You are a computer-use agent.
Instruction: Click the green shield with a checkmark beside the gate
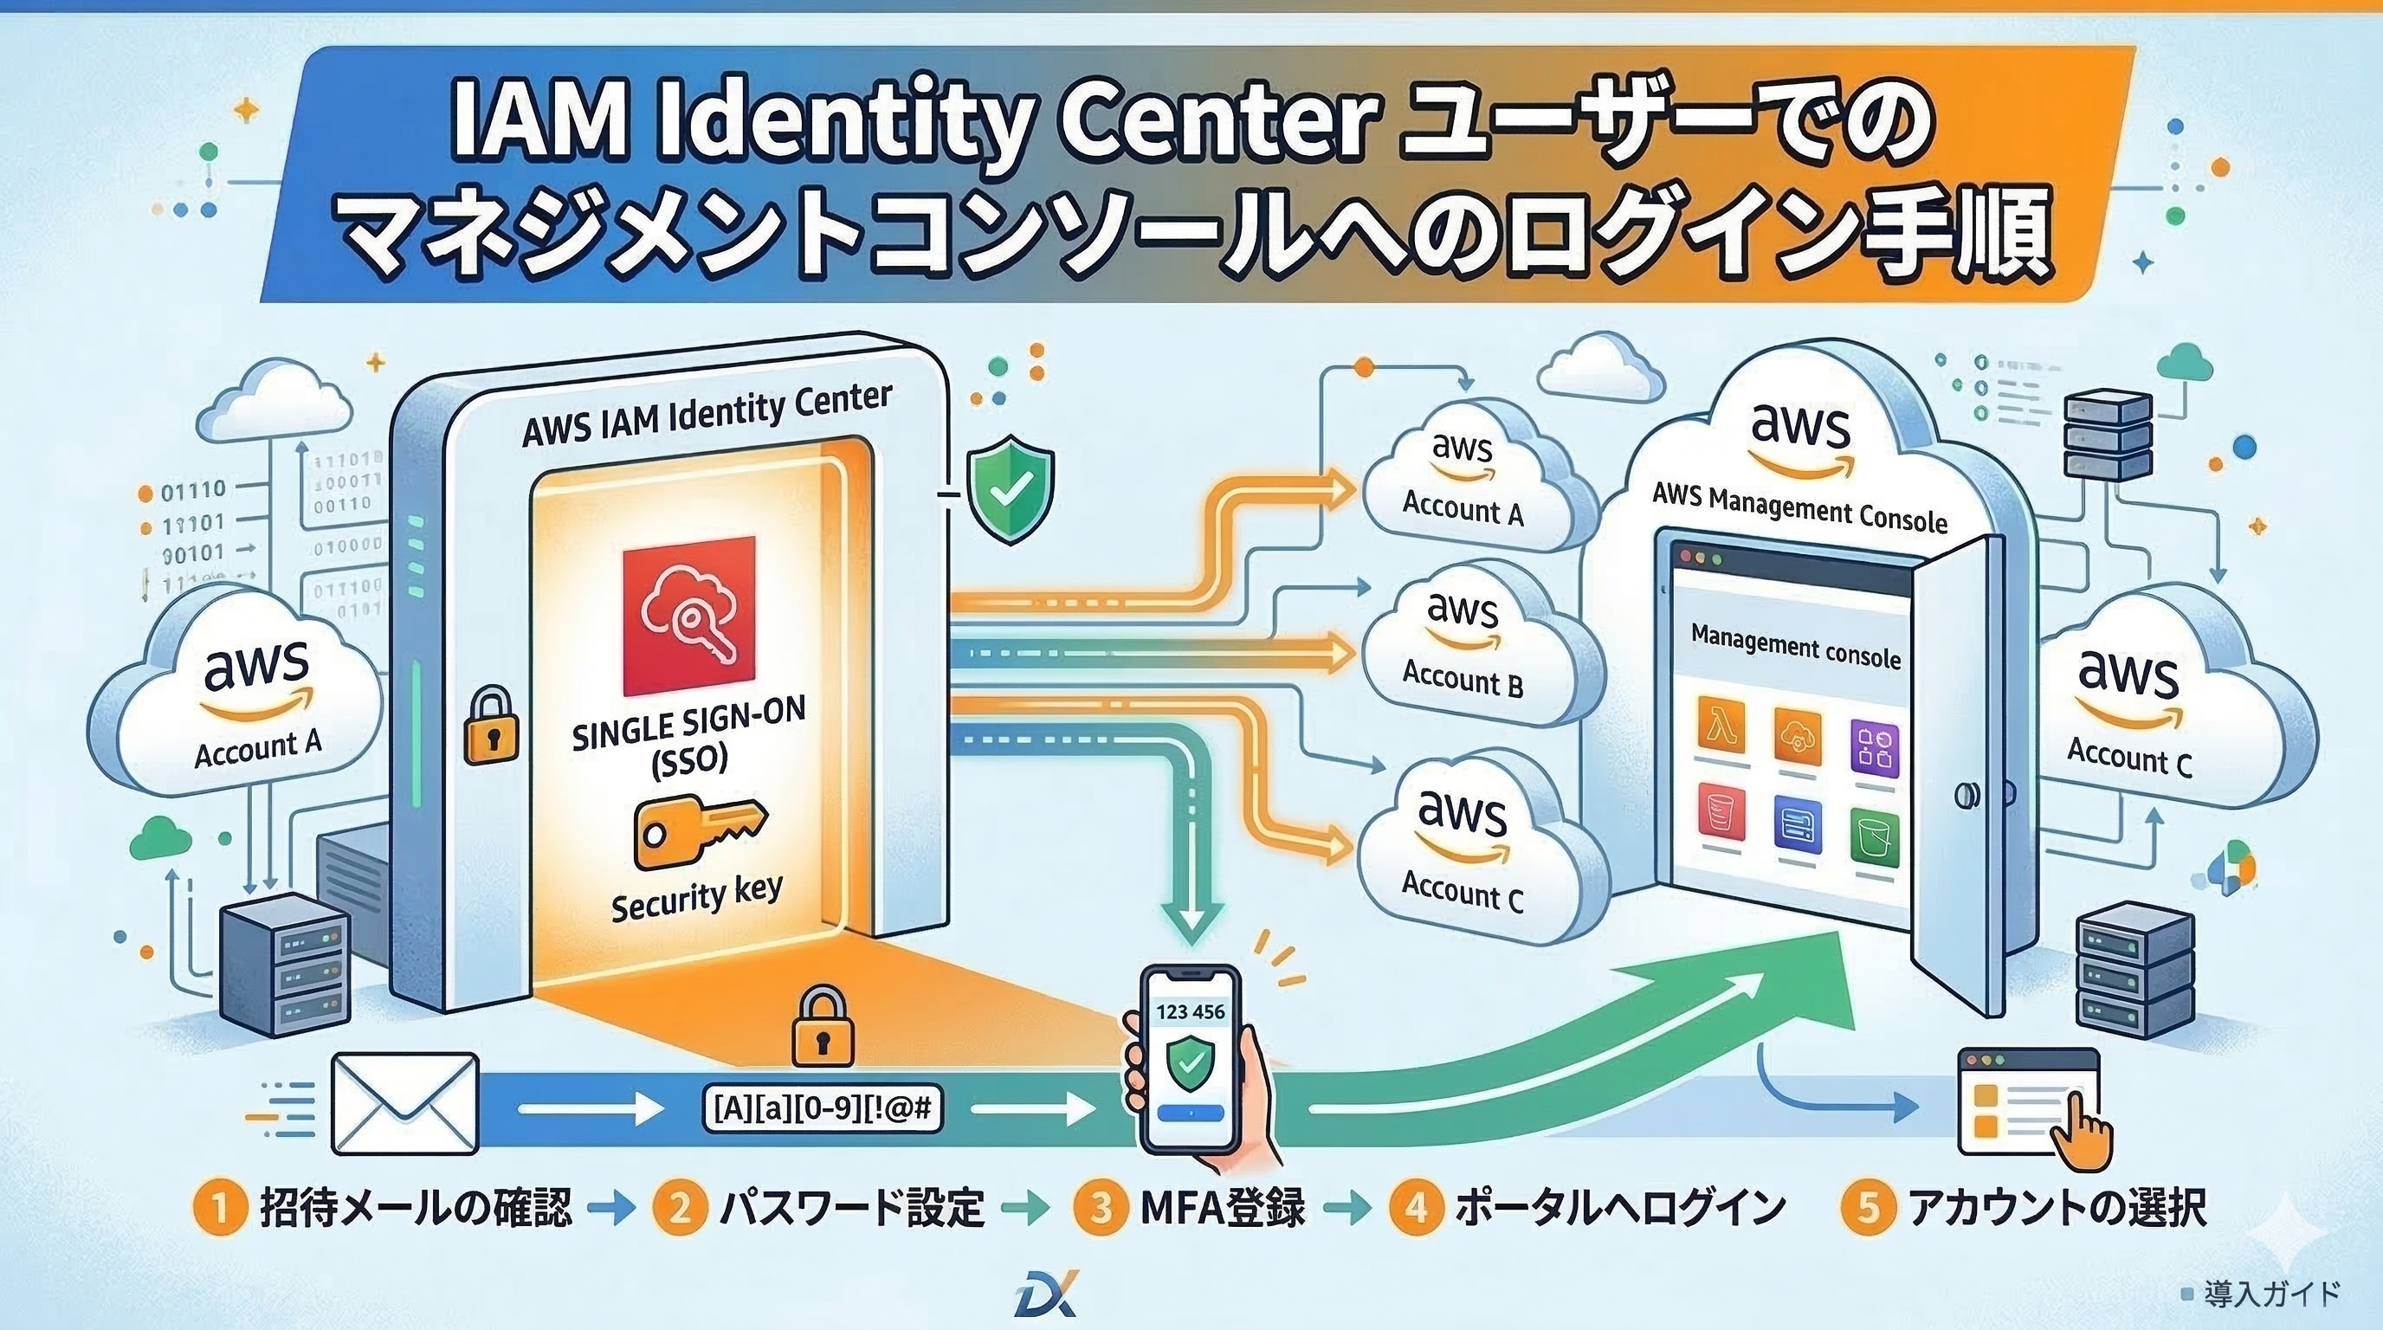(x=1010, y=491)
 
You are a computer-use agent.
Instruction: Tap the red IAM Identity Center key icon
(x=689, y=616)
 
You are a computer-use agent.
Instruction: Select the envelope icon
(x=405, y=1105)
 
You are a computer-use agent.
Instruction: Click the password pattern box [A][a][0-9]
(x=823, y=1108)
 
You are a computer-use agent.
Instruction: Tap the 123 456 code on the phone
(x=1191, y=1010)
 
